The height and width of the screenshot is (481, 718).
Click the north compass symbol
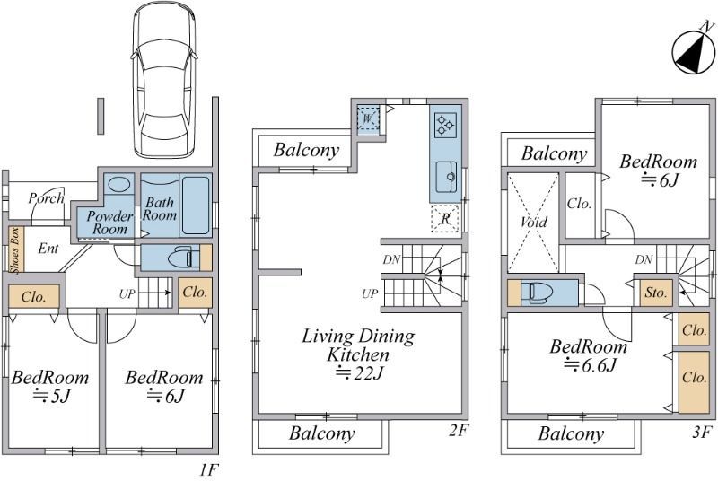693,51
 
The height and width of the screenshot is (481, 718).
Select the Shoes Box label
16,249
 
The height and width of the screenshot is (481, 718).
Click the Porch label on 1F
46,198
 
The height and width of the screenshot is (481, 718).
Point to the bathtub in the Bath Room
196,205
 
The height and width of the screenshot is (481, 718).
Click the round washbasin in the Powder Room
119,185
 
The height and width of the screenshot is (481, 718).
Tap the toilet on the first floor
180,259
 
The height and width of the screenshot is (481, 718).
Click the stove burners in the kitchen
445,125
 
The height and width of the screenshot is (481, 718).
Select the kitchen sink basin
446,177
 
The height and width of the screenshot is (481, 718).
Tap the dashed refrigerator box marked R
445,219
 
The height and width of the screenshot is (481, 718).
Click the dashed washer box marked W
368,118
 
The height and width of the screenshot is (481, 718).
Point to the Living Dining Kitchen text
358,345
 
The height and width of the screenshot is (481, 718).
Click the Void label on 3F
533,222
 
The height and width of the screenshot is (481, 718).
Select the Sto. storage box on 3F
656,293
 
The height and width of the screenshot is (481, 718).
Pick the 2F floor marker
459,430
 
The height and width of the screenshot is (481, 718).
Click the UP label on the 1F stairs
127,293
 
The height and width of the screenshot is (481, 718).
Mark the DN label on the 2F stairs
392,260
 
